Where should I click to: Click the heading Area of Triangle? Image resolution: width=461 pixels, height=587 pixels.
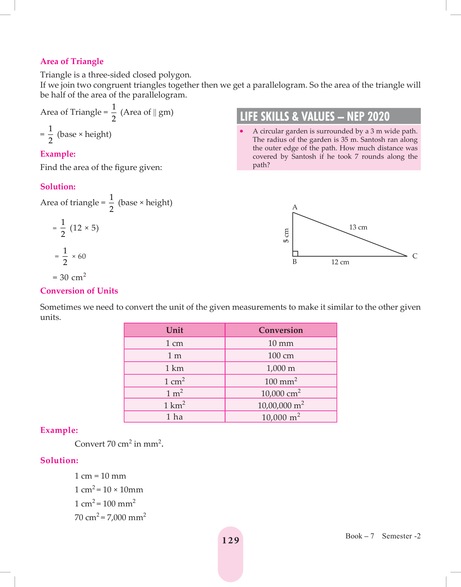72,62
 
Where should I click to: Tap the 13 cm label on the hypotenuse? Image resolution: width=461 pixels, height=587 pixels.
358,227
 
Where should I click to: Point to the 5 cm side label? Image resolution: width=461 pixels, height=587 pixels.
286,235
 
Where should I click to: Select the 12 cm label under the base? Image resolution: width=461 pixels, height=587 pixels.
340,262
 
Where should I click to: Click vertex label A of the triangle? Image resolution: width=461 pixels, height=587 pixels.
295,207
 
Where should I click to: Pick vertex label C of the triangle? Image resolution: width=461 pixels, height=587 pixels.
415,256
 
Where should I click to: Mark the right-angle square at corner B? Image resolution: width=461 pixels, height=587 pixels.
295,253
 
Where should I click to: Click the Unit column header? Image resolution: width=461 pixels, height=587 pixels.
174,330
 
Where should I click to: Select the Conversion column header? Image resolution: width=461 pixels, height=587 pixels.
281,330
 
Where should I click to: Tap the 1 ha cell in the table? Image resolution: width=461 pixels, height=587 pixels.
174,417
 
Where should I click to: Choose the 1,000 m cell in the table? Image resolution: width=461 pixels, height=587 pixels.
281,368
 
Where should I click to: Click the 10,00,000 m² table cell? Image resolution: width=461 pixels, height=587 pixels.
281,405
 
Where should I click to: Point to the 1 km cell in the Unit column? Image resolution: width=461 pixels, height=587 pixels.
174,368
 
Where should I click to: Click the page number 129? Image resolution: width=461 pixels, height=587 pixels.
230,540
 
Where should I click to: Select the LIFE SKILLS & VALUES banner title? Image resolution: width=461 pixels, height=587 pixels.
315,116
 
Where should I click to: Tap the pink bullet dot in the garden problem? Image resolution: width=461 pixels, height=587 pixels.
241,131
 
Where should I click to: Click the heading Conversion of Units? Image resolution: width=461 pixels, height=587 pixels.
79,291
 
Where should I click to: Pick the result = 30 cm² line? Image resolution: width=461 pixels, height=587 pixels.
69,277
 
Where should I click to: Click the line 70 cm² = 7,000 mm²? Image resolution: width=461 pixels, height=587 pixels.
110,517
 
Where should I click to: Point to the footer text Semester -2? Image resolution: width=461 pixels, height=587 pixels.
401,536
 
